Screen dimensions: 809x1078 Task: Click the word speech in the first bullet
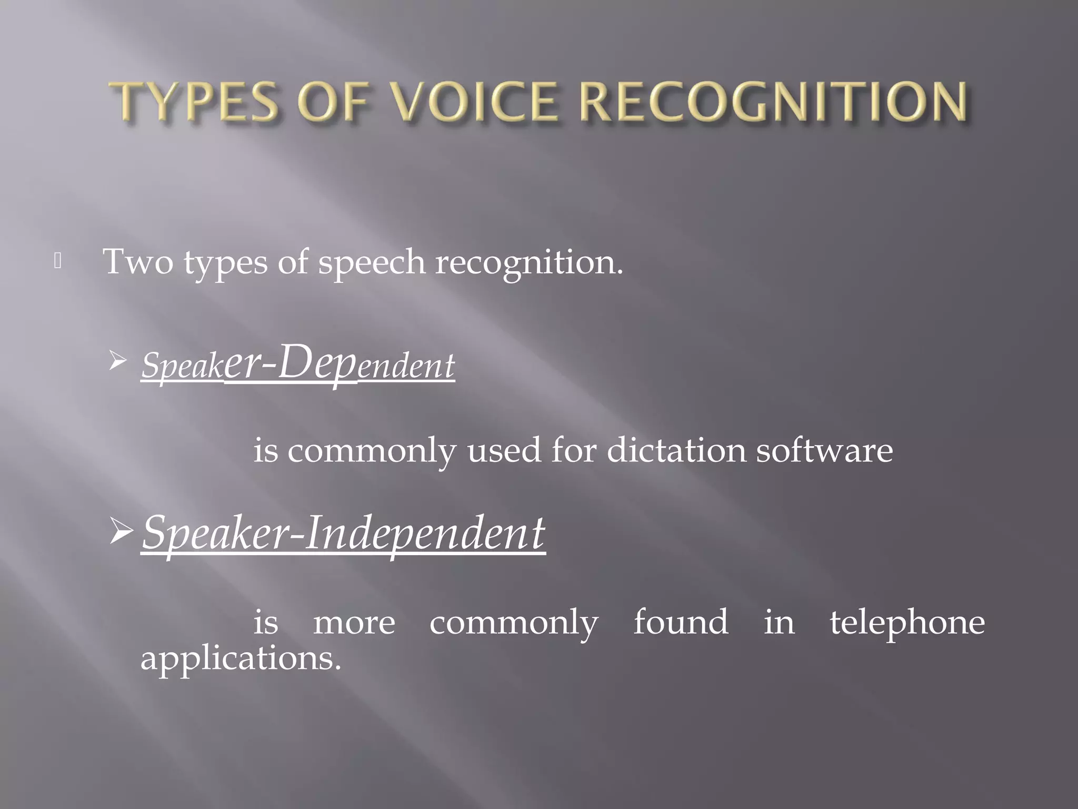(x=371, y=262)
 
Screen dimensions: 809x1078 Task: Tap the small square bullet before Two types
(x=58, y=262)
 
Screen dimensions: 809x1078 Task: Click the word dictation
(x=676, y=451)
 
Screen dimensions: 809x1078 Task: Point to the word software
(x=824, y=451)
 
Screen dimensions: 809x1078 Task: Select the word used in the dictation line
(x=504, y=451)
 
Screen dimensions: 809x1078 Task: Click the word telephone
(x=907, y=623)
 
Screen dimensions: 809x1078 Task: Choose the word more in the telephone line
(x=354, y=623)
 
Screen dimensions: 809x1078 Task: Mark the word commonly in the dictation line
(x=371, y=452)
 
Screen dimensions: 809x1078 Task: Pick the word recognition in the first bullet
(x=528, y=262)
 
